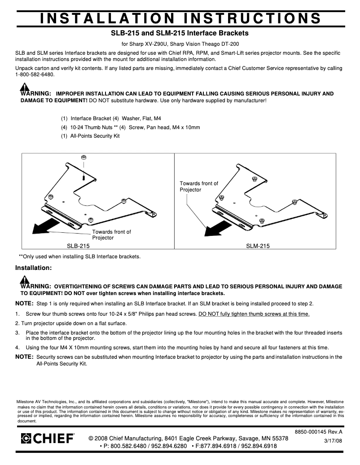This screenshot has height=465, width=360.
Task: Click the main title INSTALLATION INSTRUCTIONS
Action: [x=180, y=18]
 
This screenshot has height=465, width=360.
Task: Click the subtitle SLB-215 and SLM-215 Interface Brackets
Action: [x=180, y=33]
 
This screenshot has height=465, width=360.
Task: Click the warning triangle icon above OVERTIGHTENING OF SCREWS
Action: [x=25, y=280]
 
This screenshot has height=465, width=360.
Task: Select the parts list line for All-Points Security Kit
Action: [x=90, y=136]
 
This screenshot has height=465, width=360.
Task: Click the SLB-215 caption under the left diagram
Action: [x=78, y=246]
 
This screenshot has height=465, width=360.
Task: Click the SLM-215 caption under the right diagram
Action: [x=258, y=246]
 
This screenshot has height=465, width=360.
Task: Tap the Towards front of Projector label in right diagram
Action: [x=199, y=187]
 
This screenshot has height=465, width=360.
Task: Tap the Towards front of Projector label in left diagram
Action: [x=111, y=235]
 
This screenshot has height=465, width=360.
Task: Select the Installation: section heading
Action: [x=34, y=268]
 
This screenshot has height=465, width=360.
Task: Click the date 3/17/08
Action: [x=333, y=441]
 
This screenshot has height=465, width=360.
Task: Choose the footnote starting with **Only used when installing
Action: [x=79, y=256]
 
